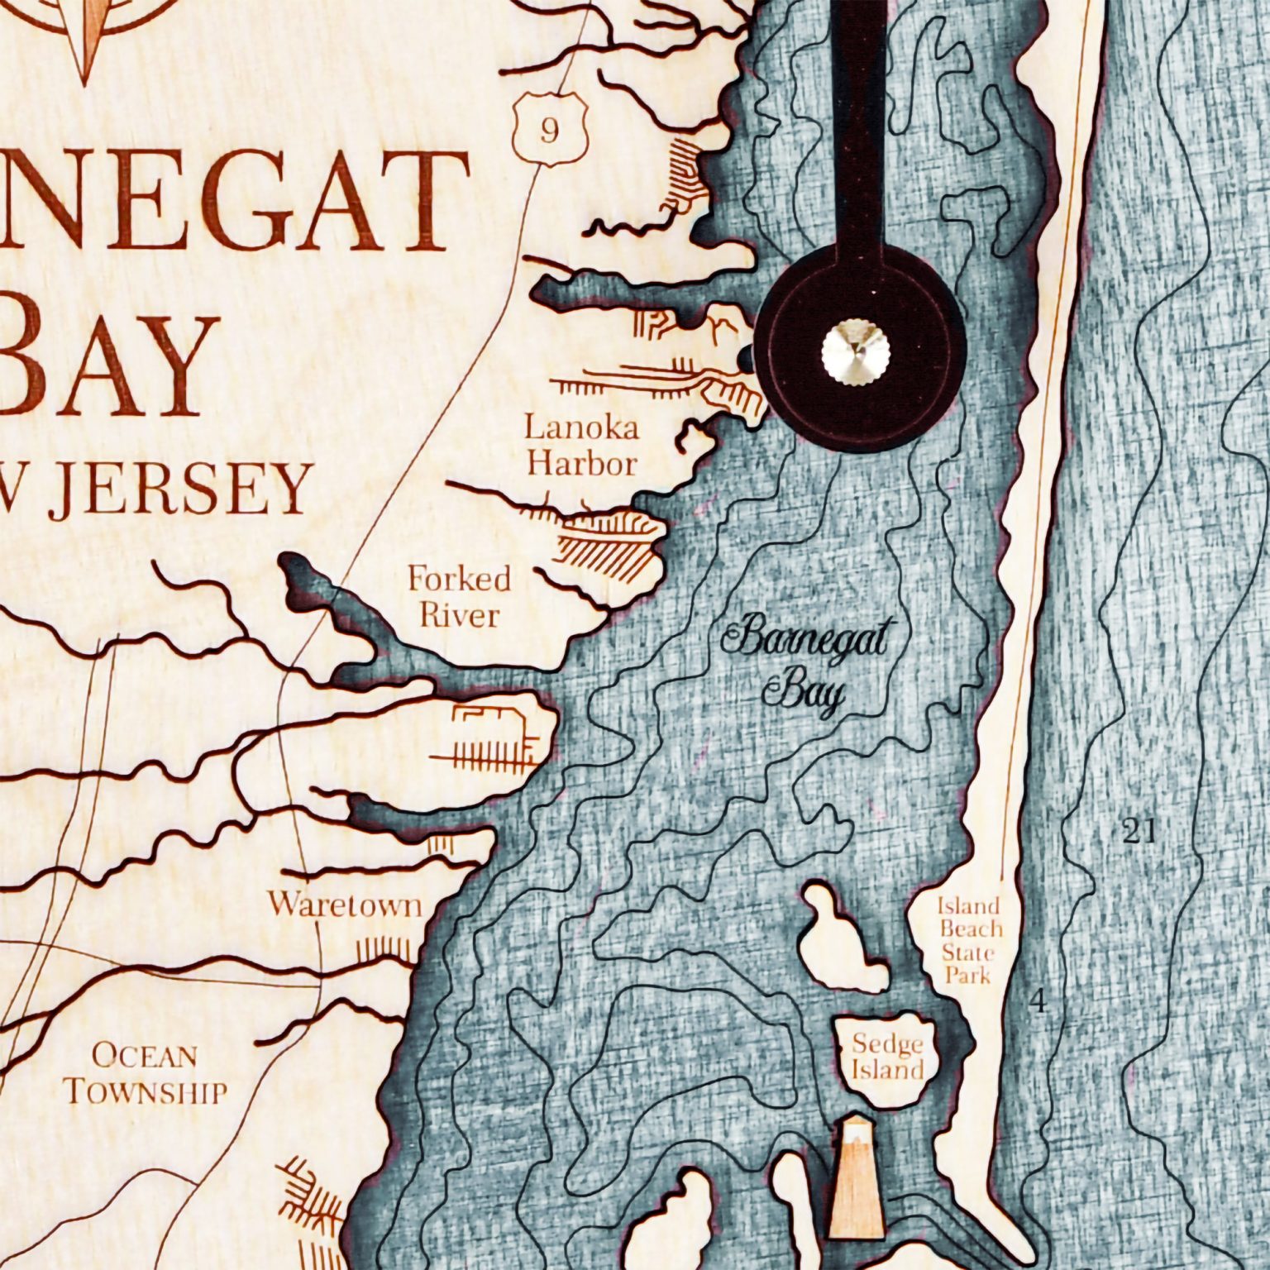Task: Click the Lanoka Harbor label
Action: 582,446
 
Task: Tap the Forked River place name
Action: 459,596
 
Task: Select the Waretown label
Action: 344,904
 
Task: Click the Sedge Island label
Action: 887,1058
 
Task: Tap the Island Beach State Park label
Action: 968,940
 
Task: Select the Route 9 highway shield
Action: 549,130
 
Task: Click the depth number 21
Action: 1138,832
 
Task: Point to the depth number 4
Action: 1038,1003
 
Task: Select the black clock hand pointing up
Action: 857,124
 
